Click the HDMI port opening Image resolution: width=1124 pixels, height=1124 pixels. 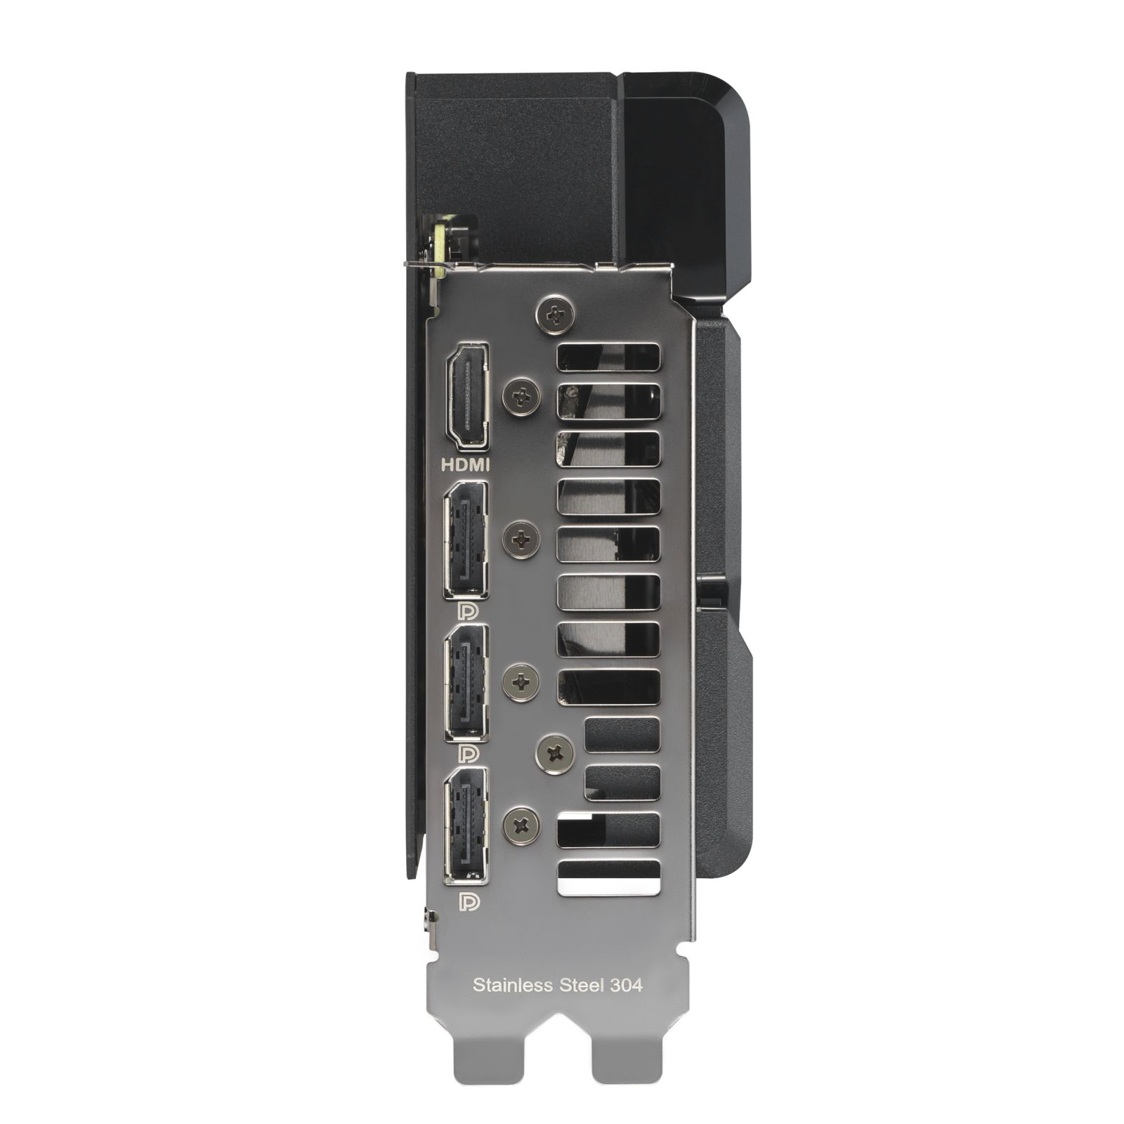(x=469, y=396)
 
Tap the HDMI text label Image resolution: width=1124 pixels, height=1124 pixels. (x=465, y=464)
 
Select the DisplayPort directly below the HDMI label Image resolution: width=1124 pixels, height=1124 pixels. (x=466, y=540)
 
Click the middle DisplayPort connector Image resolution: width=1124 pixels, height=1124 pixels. (x=466, y=682)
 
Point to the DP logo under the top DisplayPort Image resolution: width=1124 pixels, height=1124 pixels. (x=469, y=611)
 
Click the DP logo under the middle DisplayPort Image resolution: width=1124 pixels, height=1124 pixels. (x=469, y=754)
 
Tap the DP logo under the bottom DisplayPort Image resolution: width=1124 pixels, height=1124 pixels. (x=469, y=901)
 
